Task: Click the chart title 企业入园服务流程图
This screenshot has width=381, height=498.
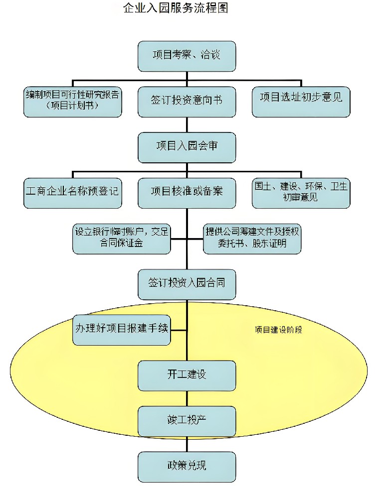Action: (176, 8)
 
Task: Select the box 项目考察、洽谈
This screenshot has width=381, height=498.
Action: (187, 55)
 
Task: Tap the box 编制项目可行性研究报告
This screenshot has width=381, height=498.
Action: (73, 102)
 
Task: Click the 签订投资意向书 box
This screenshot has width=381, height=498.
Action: (187, 102)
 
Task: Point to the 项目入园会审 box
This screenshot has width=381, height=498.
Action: (187, 147)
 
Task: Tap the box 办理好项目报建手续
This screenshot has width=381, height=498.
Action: (122, 330)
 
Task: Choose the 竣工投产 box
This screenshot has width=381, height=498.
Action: (187, 421)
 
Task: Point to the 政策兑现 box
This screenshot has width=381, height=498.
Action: (187, 466)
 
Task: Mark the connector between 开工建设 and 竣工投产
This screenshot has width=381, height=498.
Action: (187, 398)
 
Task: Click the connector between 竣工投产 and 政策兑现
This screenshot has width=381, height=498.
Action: (187, 444)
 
